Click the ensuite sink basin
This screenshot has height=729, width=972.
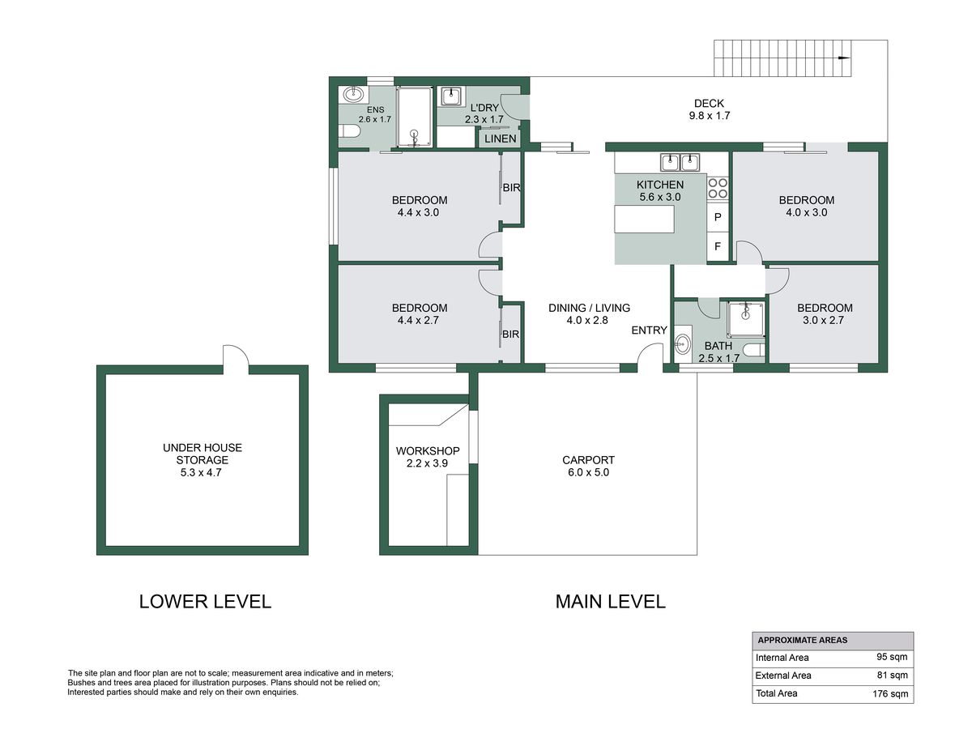pos(353,94)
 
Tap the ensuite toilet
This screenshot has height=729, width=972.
pos(349,131)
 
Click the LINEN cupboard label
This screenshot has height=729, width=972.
pos(501,139)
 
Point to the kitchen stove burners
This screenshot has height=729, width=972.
pos(718,188)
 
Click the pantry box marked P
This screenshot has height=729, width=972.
pos(718,217)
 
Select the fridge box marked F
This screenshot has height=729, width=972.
pos(718,246)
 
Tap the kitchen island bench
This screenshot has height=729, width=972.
pos(644,219)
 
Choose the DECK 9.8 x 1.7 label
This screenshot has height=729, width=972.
pos(709,109)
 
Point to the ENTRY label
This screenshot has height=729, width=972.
pos(649,330)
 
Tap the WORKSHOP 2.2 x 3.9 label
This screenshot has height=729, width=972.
pos(428,457)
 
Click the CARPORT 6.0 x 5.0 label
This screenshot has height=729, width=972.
pos(588,466)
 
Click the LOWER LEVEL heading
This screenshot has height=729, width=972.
pos(205,602)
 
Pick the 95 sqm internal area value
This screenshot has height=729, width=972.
pos(892,657)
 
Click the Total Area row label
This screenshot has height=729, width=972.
pos(776,693)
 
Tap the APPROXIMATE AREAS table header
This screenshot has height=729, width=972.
pos(803,640)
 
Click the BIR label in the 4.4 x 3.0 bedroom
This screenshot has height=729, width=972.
pos(511,188)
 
